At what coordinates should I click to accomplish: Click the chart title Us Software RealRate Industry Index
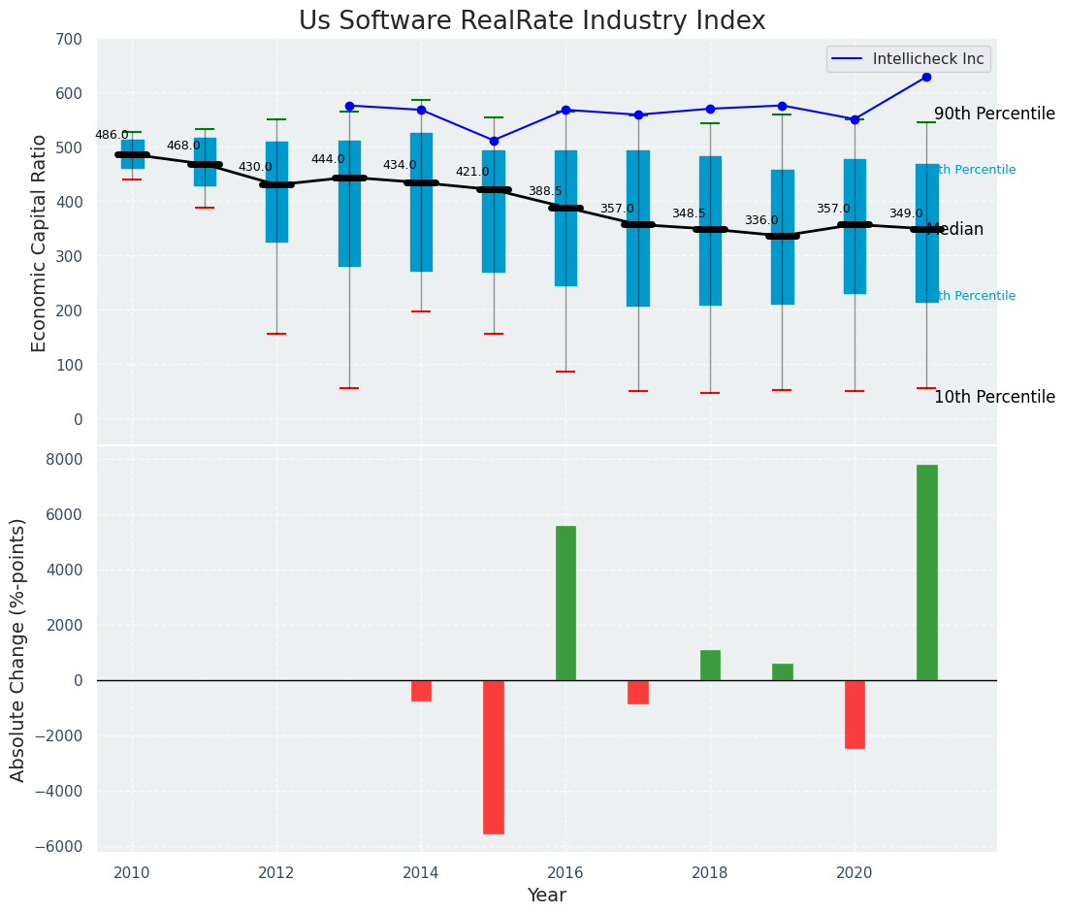point(532,21)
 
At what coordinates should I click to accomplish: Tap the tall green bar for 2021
point(926,572)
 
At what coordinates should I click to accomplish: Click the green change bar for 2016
point(565,603)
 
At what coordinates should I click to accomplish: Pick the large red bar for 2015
point(494,757)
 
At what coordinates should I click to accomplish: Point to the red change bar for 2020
point(855,714)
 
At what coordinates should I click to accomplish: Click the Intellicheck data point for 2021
point(926,77)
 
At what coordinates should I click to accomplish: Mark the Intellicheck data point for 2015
point(494,141)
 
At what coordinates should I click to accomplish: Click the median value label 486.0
point(112,135)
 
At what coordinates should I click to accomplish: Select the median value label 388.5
point(545,191)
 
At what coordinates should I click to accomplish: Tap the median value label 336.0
point(761,220)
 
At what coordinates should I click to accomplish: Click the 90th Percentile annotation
point(994,114)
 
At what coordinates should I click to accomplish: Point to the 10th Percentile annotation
point(994,397)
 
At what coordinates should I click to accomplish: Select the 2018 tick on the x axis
point(710,872)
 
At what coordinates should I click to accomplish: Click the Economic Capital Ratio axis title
point(40,243)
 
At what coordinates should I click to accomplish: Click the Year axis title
point(546,896)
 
